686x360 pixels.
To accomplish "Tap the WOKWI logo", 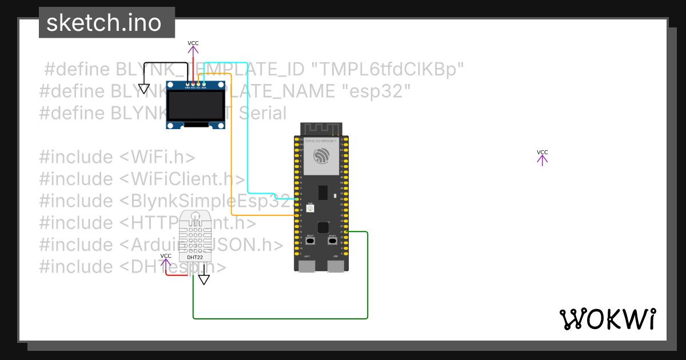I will click(x=607, y=319).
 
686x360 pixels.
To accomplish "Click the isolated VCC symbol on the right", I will click(x=542, y=158).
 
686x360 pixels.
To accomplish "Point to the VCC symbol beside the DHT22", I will click(x=166, y=262).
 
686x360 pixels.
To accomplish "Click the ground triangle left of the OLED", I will click(x=144, y=89).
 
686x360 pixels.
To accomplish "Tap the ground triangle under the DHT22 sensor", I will click(x=204, y=279).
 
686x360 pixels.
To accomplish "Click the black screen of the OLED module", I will click(x=195, y=106).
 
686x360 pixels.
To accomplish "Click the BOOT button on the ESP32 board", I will click(x=310, y=241).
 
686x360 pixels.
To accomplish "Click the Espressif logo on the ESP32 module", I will click(x=321, y=156).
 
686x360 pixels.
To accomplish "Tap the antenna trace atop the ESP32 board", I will click(x=321, y=129).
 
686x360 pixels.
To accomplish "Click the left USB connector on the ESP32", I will click(x=308, y=266).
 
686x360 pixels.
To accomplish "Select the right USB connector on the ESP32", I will click(x=335, y=266).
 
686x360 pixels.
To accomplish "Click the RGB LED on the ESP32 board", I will click(x=310, y=209).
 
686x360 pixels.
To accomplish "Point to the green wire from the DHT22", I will click(x=280, y=318).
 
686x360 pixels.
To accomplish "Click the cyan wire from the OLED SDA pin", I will click(x=247, y=126).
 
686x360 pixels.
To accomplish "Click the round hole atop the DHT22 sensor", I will click(x=196, y=216).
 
